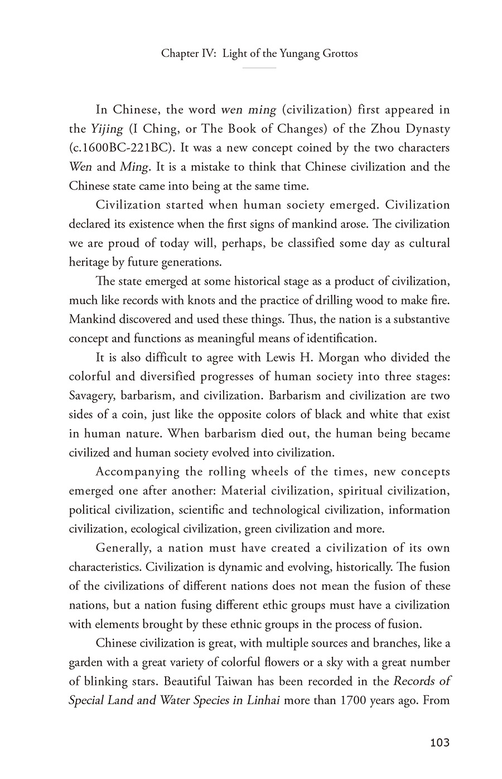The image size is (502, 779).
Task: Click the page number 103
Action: [440, 743]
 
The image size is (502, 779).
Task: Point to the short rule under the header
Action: [259, 68]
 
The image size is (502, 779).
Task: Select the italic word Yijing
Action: [107, 129]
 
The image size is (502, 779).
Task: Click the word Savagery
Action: [91, 396]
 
